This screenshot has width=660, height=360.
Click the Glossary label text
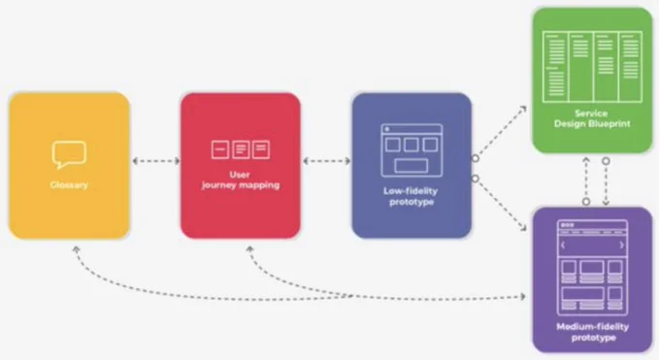point(69,184)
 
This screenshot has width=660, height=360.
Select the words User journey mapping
point(241,180)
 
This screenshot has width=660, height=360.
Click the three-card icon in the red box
point(241,149)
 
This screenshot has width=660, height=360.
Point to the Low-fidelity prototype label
point(411,196)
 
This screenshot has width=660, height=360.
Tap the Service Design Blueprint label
point(592,118)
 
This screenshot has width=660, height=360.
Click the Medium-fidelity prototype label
point(593,332)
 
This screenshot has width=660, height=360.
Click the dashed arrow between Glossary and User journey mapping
point(155,161)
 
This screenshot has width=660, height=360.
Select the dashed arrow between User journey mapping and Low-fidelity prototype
point(327,161)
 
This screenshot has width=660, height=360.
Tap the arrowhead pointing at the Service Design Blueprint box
point(523,109)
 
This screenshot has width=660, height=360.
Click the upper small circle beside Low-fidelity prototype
point(476,158)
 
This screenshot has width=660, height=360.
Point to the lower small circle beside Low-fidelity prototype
point(476,179)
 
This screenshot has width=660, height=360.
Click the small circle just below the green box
point(606,161)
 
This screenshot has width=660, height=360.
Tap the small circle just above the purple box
point(586,202)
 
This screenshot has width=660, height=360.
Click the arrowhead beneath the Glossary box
point(76,249)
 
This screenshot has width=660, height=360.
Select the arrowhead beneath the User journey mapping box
point(250,249)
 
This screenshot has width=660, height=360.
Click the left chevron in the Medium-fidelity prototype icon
point(563,245)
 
